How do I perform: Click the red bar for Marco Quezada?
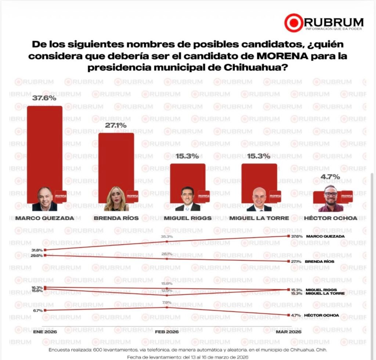click(45, 147)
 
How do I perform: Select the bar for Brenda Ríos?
click(116, 161)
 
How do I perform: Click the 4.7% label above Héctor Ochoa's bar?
click(330, 177)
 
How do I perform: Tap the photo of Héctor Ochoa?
click(330, 199)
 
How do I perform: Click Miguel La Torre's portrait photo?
click(259, 199)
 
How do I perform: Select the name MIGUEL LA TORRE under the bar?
click(259, 218)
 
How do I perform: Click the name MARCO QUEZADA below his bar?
click(45, 218)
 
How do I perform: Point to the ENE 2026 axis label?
click(44, 332)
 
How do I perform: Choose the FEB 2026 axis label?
click(167, 332)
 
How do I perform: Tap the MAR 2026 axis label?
click(289, 332)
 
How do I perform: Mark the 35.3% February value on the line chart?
click(167, 237)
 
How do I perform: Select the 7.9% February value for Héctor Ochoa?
click(167, 302)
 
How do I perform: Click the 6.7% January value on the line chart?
click(37, 310)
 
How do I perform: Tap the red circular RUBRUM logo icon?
click(293, 23)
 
